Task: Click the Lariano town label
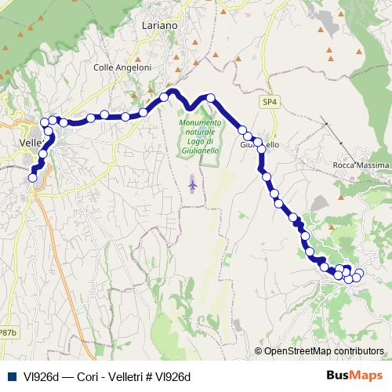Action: click(x=160, y=25)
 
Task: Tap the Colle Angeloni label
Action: click(x=122, y=67)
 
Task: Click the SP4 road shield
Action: click(x=270, y=102)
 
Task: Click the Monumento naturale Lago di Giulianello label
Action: click(x=201, y=136)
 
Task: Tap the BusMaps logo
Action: click(x=354, y=376)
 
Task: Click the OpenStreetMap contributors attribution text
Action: click(x=324, y=351)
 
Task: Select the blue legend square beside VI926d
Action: click(x=10, y=376)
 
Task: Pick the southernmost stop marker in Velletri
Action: click(x=33, y=178)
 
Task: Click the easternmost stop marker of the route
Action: click(x=360, y=273)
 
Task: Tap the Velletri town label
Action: click(x=32, y=143)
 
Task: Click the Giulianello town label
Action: click(x=260, y=146)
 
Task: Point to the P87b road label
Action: click(x=8, y=332)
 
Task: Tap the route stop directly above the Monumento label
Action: click(x=210, y=98)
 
